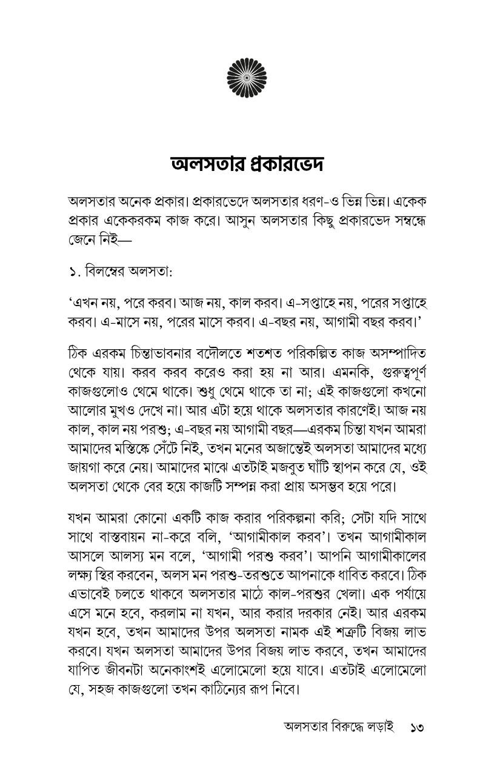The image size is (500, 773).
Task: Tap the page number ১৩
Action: pos(418,726)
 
